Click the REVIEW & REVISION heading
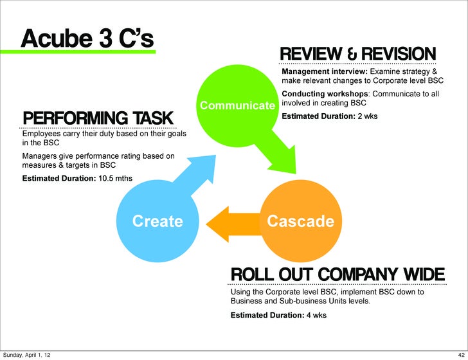tap(358, 55)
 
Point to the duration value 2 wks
tap(368, 116)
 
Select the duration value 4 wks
tap(316, 315)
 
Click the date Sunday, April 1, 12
tap(28, 354)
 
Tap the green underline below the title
tap(87, 51)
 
